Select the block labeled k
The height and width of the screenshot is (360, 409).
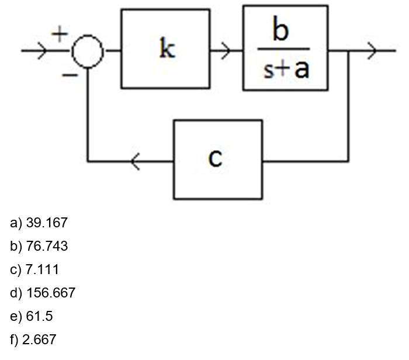click(x=166, y=49)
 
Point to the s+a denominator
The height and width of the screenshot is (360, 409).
click(x=285, y=69)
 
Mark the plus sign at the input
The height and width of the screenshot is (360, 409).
click(x=59, y=34)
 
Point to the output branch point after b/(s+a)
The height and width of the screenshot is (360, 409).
click(x=349, y=51)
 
